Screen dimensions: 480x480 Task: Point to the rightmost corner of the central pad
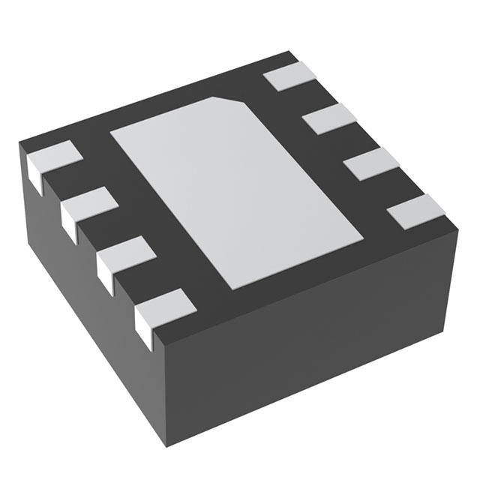tap(364, 240)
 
